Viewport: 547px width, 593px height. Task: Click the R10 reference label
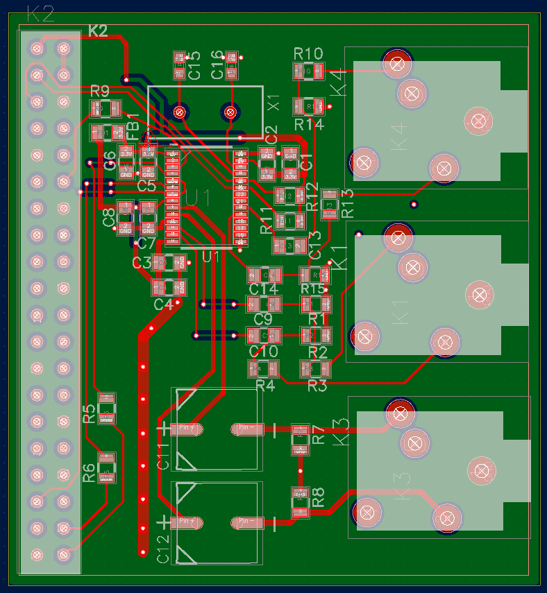[308, 54]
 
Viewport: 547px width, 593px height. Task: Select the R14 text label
[309, 124]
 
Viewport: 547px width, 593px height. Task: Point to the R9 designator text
[100, 92]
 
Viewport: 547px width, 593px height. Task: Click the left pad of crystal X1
[180, 111]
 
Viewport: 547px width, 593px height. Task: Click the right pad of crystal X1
[230, 111]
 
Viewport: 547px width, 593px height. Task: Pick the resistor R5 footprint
[106, 409]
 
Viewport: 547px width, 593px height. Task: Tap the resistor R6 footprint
[106, 468]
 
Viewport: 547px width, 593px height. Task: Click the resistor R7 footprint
[300, 440]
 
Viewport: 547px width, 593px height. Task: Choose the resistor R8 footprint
[300, 502]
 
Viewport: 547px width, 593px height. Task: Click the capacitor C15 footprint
[180, 65]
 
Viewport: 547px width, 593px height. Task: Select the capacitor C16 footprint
[232, 65]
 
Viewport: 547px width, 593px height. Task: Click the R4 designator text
[265, 386]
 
